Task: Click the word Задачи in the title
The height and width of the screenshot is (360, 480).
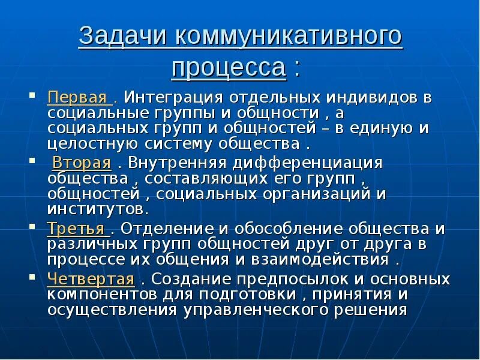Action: point(124,37)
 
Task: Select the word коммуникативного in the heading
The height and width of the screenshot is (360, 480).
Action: point(289,37)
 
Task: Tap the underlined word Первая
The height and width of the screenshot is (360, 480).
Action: point(77,98)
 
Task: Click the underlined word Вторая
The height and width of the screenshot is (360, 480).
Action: point(82,163)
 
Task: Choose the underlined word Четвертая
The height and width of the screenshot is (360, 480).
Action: point(90,279)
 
